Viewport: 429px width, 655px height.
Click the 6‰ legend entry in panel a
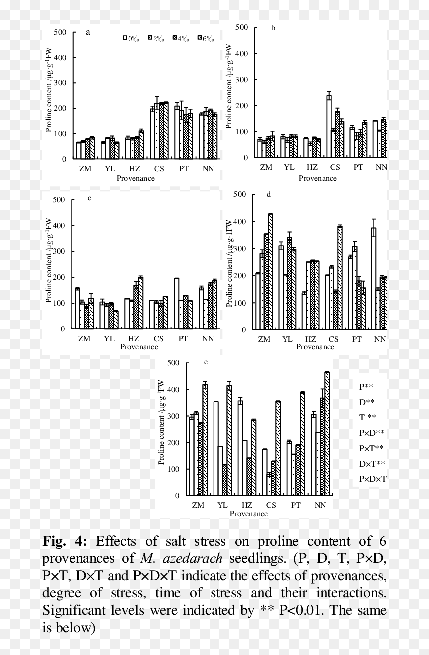[206, 38]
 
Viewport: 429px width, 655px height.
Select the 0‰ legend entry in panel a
[131, 38]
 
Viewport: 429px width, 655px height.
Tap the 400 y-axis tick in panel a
[60, 57]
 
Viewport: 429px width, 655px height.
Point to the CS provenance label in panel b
[335, 167]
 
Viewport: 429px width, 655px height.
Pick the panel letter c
[89, 198]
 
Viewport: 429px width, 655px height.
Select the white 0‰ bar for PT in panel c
[176, 304]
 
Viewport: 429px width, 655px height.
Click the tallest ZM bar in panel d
[270, 272]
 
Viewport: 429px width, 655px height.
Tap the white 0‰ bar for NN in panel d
[374, 279]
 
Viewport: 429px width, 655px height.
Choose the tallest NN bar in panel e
[327, 434]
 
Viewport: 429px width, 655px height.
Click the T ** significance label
[367, 417]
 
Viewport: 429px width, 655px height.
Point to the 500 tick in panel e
[173, 363]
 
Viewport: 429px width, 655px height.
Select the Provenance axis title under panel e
[249, 514]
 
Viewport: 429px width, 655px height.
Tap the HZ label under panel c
[134, 339]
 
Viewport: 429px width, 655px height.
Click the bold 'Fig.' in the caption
[54, 541]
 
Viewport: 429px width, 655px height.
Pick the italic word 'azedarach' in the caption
[193, 558]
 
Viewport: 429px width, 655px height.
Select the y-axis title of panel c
[49, 260]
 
